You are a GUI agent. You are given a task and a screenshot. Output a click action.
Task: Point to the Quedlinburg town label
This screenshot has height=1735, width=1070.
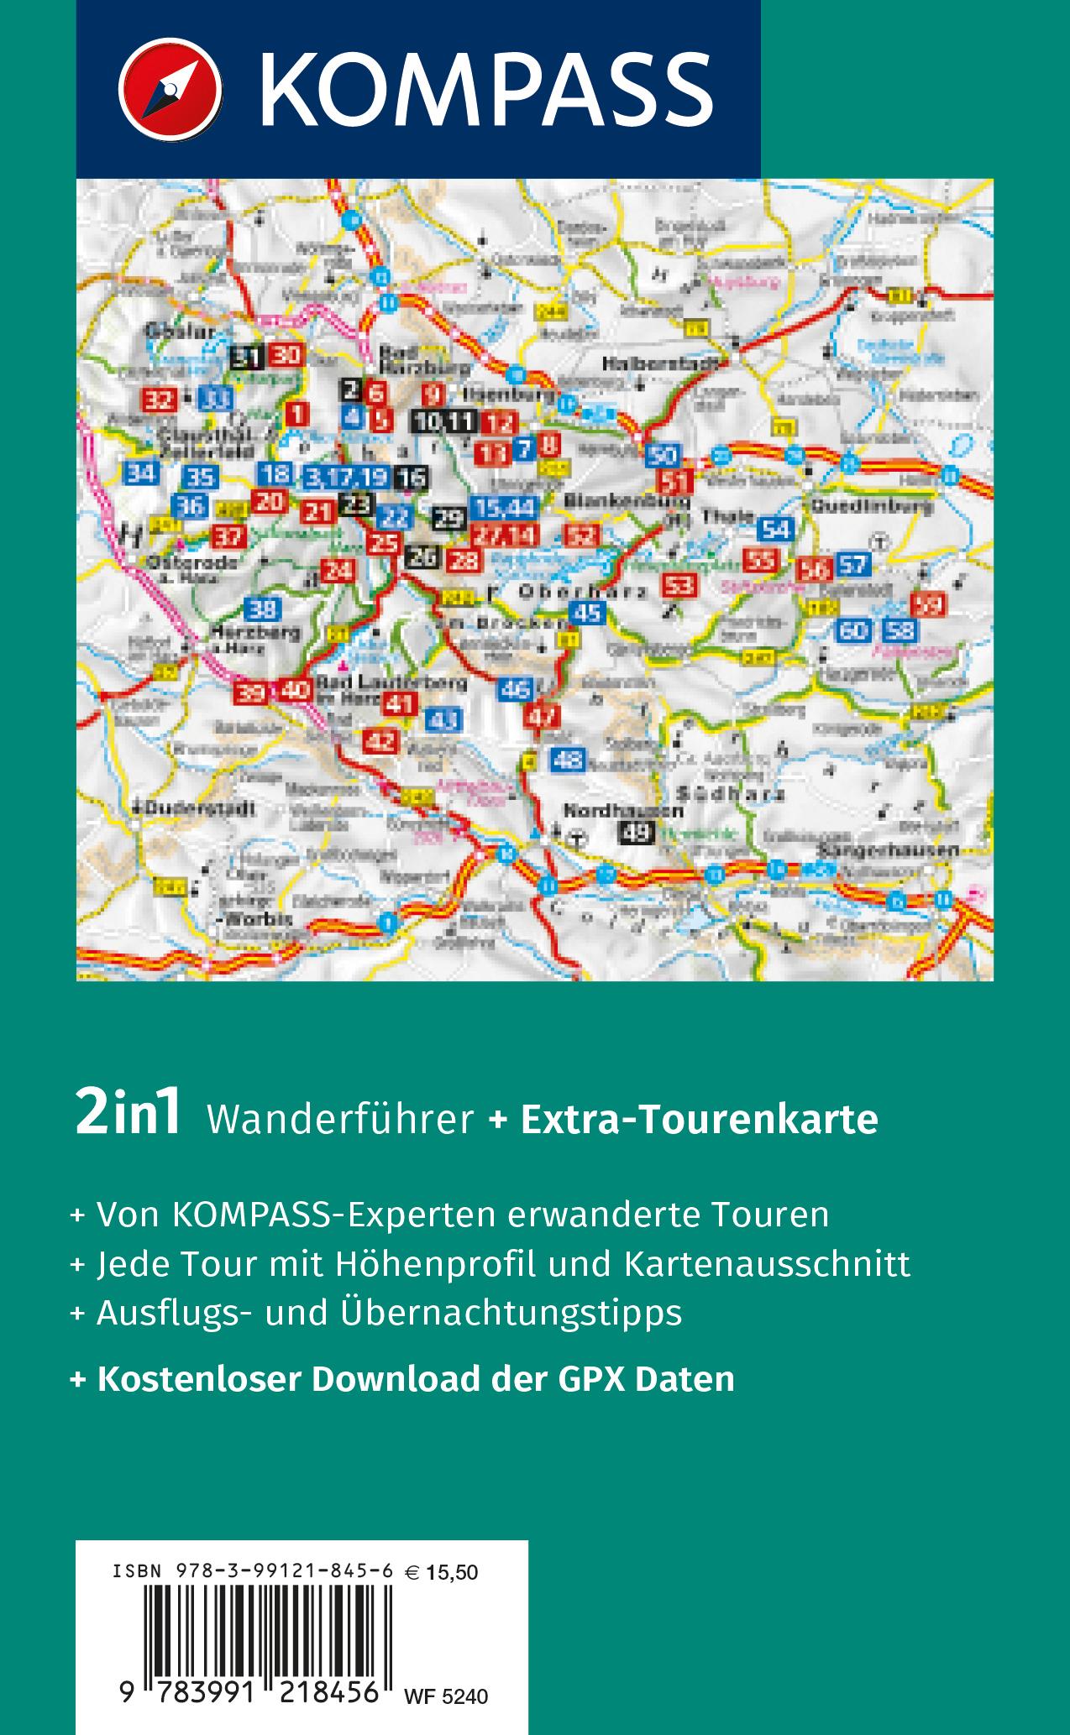point(871,507)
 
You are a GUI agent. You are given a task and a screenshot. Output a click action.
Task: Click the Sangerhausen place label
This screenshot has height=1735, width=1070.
point(889,849)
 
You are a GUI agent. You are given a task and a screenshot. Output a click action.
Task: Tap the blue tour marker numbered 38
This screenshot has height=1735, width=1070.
point(265,610)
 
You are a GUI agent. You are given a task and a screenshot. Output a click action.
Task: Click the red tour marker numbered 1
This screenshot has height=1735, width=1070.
point(297,413)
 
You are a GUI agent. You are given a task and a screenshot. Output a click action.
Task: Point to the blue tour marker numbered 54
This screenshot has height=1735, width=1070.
point(777,529)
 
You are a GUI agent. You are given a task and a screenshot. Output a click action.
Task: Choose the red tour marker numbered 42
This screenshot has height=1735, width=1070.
point(382,741)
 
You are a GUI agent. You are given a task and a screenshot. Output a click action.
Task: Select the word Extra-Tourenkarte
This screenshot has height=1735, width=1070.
point(700,1119)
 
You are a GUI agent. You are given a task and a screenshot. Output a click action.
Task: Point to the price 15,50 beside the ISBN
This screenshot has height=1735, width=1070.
point(452,1571)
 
